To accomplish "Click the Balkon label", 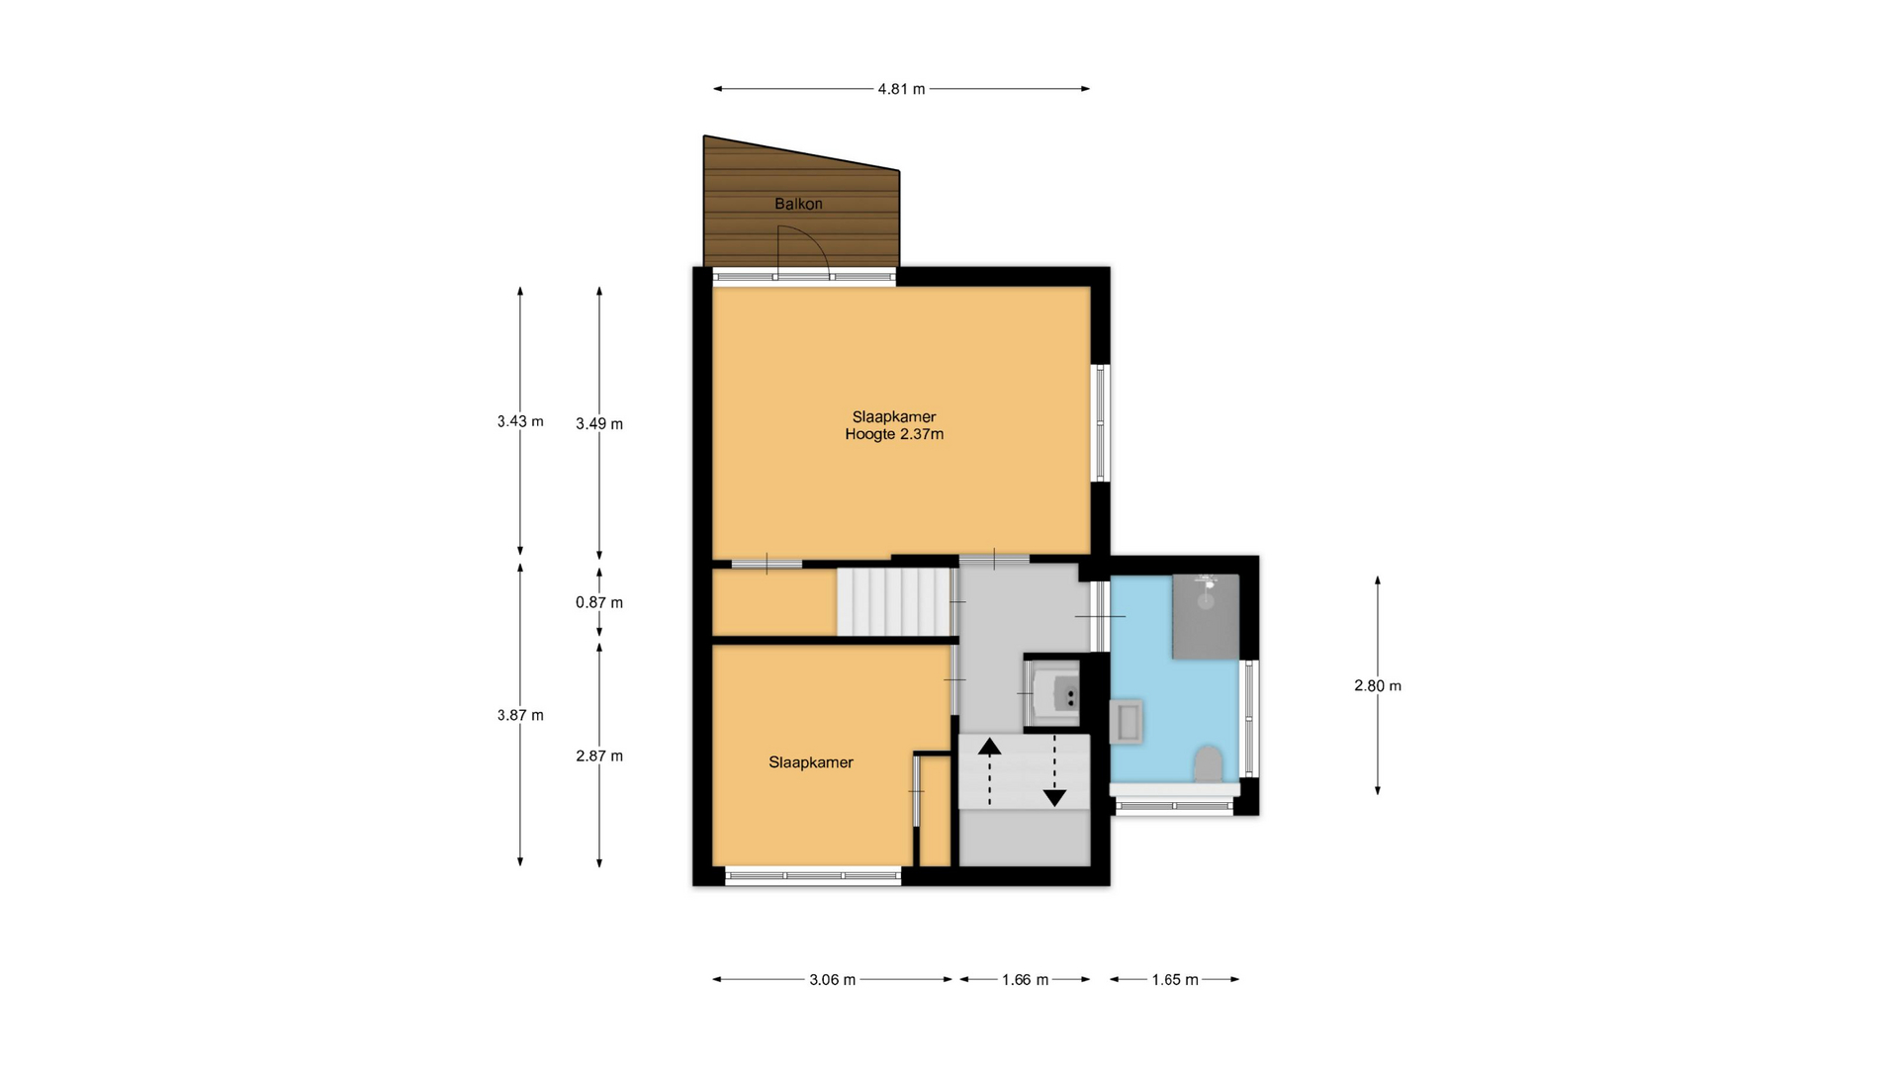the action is click(798, 204).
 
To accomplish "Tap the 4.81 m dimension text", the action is click(901, 89).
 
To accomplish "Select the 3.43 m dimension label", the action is click(520, 421).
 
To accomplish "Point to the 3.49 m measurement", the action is click(599, 424).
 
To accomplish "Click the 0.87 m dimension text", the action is click(599, 602).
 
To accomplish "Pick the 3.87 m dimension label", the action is click(520, 715).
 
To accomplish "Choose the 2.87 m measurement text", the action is click(599, 756).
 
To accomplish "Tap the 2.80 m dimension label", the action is click(1378, 685).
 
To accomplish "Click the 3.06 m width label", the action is click(832, 980).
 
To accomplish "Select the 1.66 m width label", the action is click(1025, 980).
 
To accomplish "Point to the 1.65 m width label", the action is click(1175, 980).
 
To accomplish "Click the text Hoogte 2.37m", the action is click(894, 434).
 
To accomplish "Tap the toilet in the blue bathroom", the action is click(1208, 764).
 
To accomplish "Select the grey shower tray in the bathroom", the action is click(1206, 616).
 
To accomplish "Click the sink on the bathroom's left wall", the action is click(1128, 721).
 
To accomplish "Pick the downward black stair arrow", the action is click(1054, 771).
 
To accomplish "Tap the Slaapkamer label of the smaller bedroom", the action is click(811, 762).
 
